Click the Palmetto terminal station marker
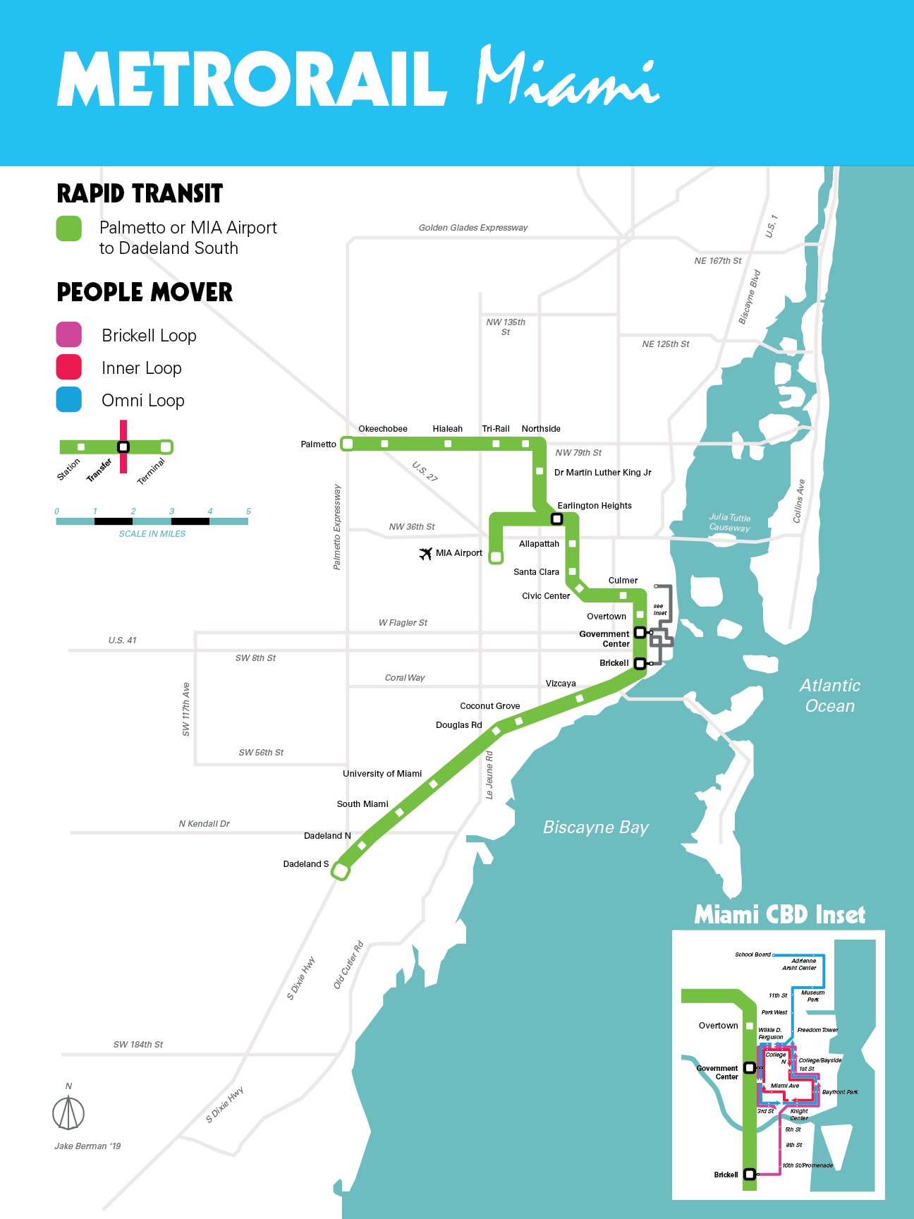pos(347,444)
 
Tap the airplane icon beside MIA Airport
pos(425,554)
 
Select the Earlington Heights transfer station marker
pos(556,518)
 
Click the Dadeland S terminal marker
pos(341,871)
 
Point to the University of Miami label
pos(382,774)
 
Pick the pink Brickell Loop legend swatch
pos(69,335)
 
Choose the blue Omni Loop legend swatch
pos(69,400)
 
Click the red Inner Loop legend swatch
pos(69,368)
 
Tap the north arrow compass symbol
pos(68,1113)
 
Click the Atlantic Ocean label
pos(829,696)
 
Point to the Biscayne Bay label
pos(595,827)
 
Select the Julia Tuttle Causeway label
pos(729,523)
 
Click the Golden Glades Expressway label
pos(473,228)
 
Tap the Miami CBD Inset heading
pos(779,915)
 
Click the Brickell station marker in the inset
pos(750,1174)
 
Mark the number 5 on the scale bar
pos(248,511)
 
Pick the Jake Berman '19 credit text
pos(87,1146)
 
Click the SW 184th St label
pos(138,1045)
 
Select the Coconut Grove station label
pos(489,706)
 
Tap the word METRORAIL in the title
pos(252,79)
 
